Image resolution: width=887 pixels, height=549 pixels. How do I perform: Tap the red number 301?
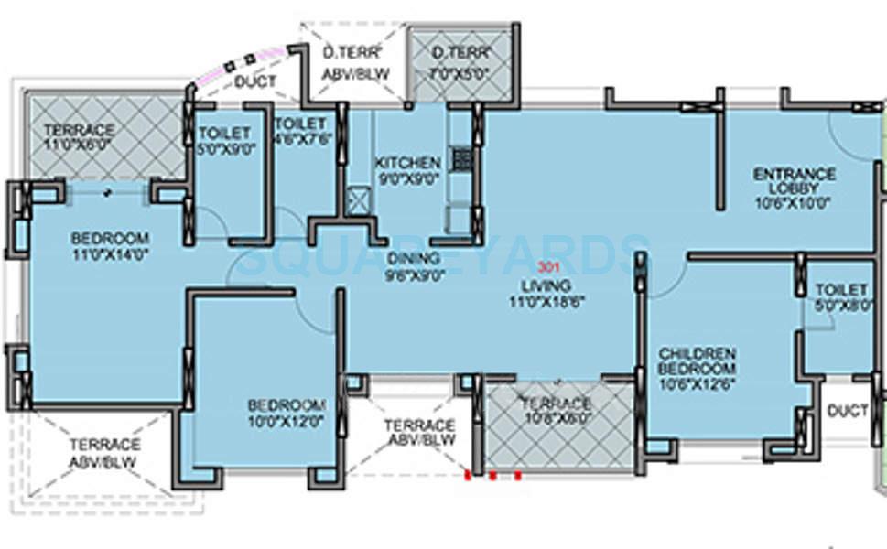point(547,269)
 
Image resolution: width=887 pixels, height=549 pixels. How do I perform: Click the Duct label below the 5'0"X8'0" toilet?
point(847,412)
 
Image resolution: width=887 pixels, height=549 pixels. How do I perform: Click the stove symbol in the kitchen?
point(460,161)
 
